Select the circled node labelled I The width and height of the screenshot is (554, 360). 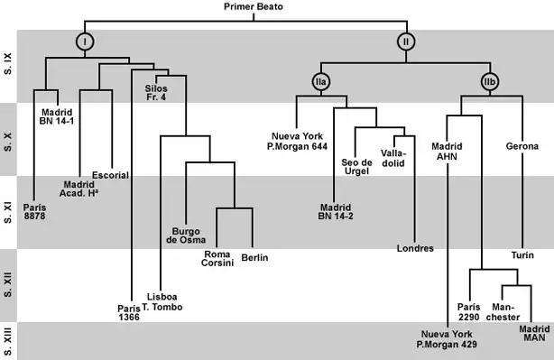coord(84,41)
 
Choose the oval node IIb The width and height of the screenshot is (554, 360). coord(490,82)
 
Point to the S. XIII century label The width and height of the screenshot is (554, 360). coord(8,341)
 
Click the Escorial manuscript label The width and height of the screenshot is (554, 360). coord(110,174)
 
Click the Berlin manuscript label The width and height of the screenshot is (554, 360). coord(254,258)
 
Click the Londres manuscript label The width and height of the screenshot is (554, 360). coord(415,248)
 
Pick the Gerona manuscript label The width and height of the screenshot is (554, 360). coord(522,146)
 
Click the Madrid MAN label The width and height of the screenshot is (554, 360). coord(534,333)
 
